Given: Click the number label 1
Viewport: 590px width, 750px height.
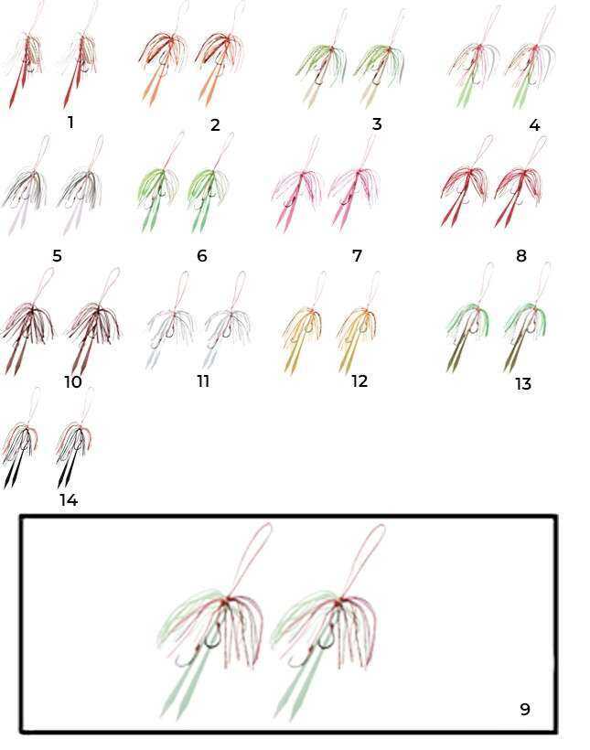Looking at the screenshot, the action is [x=70, y=123].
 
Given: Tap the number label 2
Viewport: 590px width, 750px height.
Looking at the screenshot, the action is [x=215, y=124].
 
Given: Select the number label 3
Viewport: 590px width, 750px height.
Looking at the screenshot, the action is [x=377, y=124].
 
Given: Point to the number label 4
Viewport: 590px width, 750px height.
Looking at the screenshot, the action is [x=534, y=125].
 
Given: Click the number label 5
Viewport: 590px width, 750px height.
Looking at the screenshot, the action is [x=57, y=256].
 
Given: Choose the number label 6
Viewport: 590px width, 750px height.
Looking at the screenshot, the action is [x=202, y=256].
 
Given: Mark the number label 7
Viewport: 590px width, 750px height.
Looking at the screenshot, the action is [x=357, y=256].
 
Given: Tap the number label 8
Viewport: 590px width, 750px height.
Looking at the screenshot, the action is [x=521, y=256].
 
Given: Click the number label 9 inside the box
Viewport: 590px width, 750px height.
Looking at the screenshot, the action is [x=525, y=709].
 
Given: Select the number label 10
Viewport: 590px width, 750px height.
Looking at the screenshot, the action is [x=73, y=381].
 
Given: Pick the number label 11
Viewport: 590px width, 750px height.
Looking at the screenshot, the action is [x=203, y=381].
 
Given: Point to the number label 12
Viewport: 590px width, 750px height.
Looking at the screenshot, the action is [x=359, y=381].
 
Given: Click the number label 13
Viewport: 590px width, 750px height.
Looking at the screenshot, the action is [x=523, y=384].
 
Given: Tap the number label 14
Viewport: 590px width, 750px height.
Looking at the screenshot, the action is [x=69, y=500].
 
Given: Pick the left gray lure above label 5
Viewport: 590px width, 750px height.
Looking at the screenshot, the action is [x=27, y=187].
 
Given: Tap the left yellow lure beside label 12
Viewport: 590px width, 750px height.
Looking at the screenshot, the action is [x=303, y=326].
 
